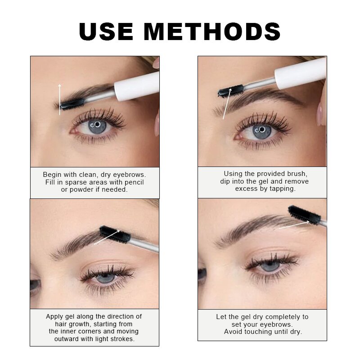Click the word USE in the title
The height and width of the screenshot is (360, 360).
coord(106,32)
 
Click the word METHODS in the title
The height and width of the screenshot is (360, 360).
coord(212,32)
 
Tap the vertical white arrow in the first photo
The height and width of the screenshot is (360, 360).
coord(59,99)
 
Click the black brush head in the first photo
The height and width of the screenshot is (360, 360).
coord(72,104)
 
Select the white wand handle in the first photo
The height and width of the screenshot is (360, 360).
coord(137,85)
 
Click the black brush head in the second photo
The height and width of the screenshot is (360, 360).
coord(230,91)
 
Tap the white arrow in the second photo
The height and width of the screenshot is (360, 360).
coord(226,104)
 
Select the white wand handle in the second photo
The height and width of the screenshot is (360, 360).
coord(300,73)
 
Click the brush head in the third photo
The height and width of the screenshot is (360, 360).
coord(115,234)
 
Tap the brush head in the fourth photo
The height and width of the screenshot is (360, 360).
coord(304,215)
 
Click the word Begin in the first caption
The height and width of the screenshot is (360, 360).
coord(53,174)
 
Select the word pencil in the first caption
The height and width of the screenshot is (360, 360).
coord(134,182)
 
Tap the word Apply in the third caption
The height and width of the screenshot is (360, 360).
coord(54,316)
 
